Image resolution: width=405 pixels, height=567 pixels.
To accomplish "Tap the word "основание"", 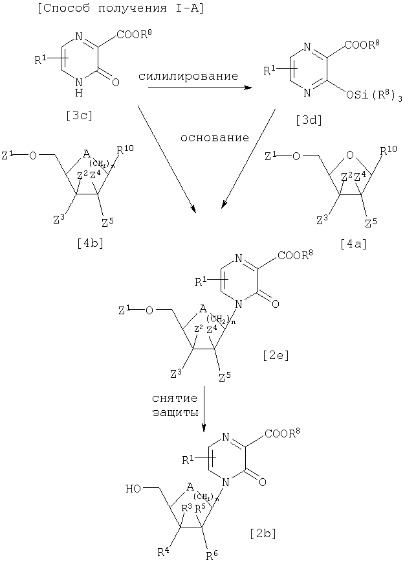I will click(214, 138).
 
